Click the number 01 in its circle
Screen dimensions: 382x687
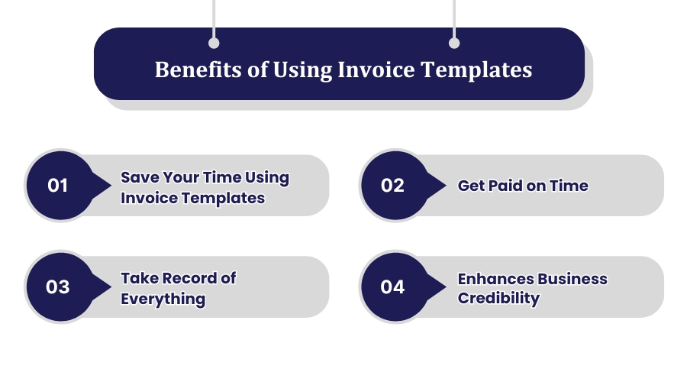(58, 186)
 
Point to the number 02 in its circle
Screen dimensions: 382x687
(392, 186)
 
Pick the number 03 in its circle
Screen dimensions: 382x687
(58, 287)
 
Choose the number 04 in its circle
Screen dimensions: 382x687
(392, 287)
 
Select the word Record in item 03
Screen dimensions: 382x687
(185, 278)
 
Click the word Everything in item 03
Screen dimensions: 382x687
(163, 298)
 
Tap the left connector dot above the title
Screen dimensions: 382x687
(214, 44)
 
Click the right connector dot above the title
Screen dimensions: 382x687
(454, 44)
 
